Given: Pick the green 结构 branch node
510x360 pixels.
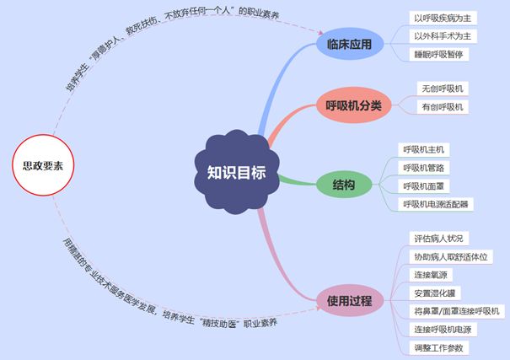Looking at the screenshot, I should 343,185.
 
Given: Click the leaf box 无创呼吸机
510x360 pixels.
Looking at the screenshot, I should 443,89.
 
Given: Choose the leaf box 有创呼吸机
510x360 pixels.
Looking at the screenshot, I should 443,107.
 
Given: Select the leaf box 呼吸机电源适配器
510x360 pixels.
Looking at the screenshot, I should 437,204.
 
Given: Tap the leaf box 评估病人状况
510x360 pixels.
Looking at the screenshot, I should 438,239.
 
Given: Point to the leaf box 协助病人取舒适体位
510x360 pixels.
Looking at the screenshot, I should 450,256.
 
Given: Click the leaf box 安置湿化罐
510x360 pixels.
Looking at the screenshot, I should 433,293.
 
